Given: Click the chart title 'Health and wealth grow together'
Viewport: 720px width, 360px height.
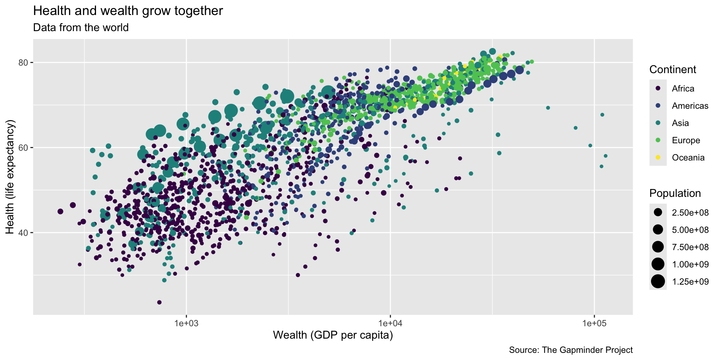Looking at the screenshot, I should (x=128, y=11).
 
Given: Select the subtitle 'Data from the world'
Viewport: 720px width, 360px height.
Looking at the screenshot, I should (x=81, y=28).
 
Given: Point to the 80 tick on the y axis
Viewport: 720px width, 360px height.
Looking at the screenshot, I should (x=23, y=62).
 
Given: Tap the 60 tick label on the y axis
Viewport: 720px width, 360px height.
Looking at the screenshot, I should (x=23, y=147).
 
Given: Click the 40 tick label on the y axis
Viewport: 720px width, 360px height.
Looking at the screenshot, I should (x=23, y=232).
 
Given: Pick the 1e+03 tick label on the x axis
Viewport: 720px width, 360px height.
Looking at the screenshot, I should (x=186, y=323).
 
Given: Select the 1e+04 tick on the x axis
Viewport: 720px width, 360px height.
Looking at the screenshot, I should (x=390, y=323).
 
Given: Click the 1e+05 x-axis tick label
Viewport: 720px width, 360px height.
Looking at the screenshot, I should (x=594, y=323).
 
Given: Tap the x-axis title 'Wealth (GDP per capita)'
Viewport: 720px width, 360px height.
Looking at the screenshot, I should (x=333, y=335).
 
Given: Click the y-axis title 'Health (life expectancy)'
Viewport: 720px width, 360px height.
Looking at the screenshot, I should (x=10, y=177).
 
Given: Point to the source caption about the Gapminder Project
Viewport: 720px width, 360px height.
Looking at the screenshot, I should (x=571, y=350).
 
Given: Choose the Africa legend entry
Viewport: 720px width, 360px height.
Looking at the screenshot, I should (x=683, y=88).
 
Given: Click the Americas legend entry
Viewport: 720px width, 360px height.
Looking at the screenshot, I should (x=690, y=106).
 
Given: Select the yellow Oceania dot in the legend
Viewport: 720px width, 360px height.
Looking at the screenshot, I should (x=658, y=157).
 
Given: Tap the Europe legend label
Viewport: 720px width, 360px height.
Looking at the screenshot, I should (x=686, y=140).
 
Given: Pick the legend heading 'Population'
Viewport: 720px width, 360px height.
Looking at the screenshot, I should (x=675, y=193).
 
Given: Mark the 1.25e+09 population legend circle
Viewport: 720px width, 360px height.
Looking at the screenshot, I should (x=658, y=282).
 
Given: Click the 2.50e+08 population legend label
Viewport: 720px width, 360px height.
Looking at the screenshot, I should (x=690, y=213).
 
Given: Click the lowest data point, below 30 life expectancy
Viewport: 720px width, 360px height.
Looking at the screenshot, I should (x=159, y=302).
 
